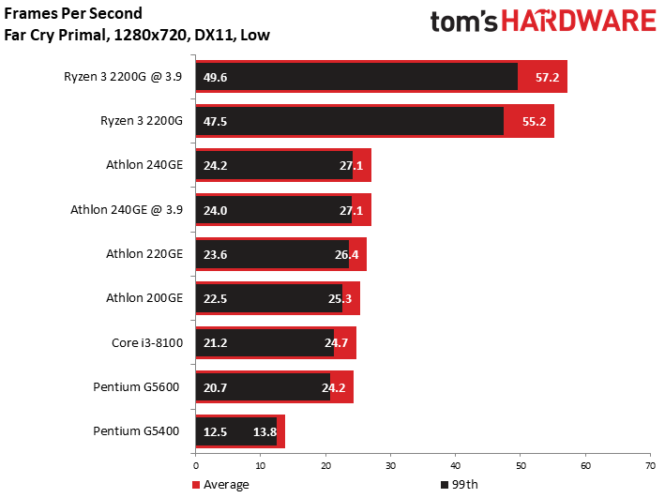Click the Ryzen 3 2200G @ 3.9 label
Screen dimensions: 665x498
click(x=123, y=77)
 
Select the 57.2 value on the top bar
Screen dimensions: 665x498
click(x=547, y=77)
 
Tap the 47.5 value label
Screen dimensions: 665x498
click(x=215, y=121)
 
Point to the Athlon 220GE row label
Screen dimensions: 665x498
click(x=144, y=253)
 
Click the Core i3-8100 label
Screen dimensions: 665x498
click(x=147, y=342)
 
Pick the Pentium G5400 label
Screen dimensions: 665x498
click(x=136, y=431)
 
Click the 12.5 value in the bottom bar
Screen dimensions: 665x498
click(x=215, y=431)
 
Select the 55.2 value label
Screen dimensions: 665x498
click(x=534, y=121)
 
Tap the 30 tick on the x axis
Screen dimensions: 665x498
click(x=390, y=466)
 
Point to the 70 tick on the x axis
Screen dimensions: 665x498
click(x=651, y=466)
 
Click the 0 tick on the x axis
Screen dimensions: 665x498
click(x=195, y=466)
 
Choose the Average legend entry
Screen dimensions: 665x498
click(x=220, y=485)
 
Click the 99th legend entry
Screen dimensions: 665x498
click(x=460, y=485)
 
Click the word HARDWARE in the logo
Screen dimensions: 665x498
click(x=580, y=21)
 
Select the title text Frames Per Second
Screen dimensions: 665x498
click(x=73, y=13)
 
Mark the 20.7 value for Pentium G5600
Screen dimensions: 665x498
click(x=215, y=387)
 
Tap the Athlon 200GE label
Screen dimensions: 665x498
click(x=144, y=298)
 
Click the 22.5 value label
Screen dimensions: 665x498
click(x=215, y=298)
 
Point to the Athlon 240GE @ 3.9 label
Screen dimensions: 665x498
click(x=127, y=209)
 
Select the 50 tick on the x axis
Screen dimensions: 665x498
click(x=521, y=466)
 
